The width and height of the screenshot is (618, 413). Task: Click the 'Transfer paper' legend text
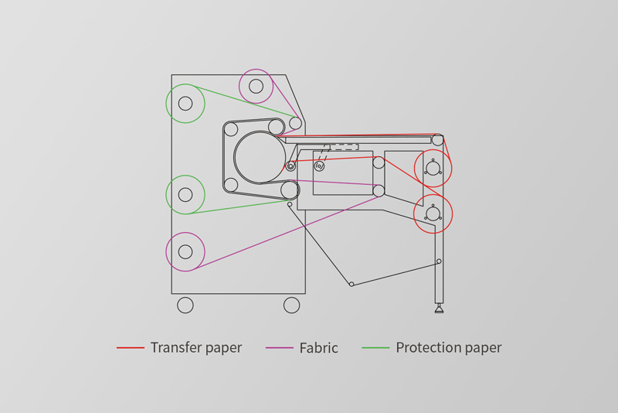(x=195, y=348)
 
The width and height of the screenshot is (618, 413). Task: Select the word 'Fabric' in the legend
(x=318, y=348)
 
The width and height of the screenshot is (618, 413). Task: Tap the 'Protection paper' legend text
(x=448, y=348)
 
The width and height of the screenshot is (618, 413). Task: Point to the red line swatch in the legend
(x=131, y=348)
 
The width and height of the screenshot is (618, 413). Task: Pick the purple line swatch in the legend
(x=279, y=348)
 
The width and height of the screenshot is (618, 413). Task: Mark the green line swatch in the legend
(x=375, y=348)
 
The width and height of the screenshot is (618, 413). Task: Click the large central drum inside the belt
(x=260, y=157)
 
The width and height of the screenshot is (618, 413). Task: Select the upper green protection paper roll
(x=185, y=104)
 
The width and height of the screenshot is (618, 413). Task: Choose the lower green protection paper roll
(x=185, y=195)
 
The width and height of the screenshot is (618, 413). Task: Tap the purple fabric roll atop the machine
(x=256, y=86)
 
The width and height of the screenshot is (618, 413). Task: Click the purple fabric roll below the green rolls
(x=185, y=252)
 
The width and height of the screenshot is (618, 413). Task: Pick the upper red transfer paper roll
(x=433, y=169)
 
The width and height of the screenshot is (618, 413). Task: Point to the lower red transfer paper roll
(x=433, y=213)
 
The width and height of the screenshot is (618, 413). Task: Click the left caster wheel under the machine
(x=185, y=305)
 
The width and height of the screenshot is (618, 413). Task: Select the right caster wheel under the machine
(x=291, y=305)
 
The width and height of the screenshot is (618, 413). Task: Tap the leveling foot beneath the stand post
(x=439, y=309)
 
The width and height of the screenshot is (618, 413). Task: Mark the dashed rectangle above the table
(x=344, y=146)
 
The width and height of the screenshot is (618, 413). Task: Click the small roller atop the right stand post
(x=438, y=140)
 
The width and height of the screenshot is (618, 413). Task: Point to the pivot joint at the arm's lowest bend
(x=351, y=284)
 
